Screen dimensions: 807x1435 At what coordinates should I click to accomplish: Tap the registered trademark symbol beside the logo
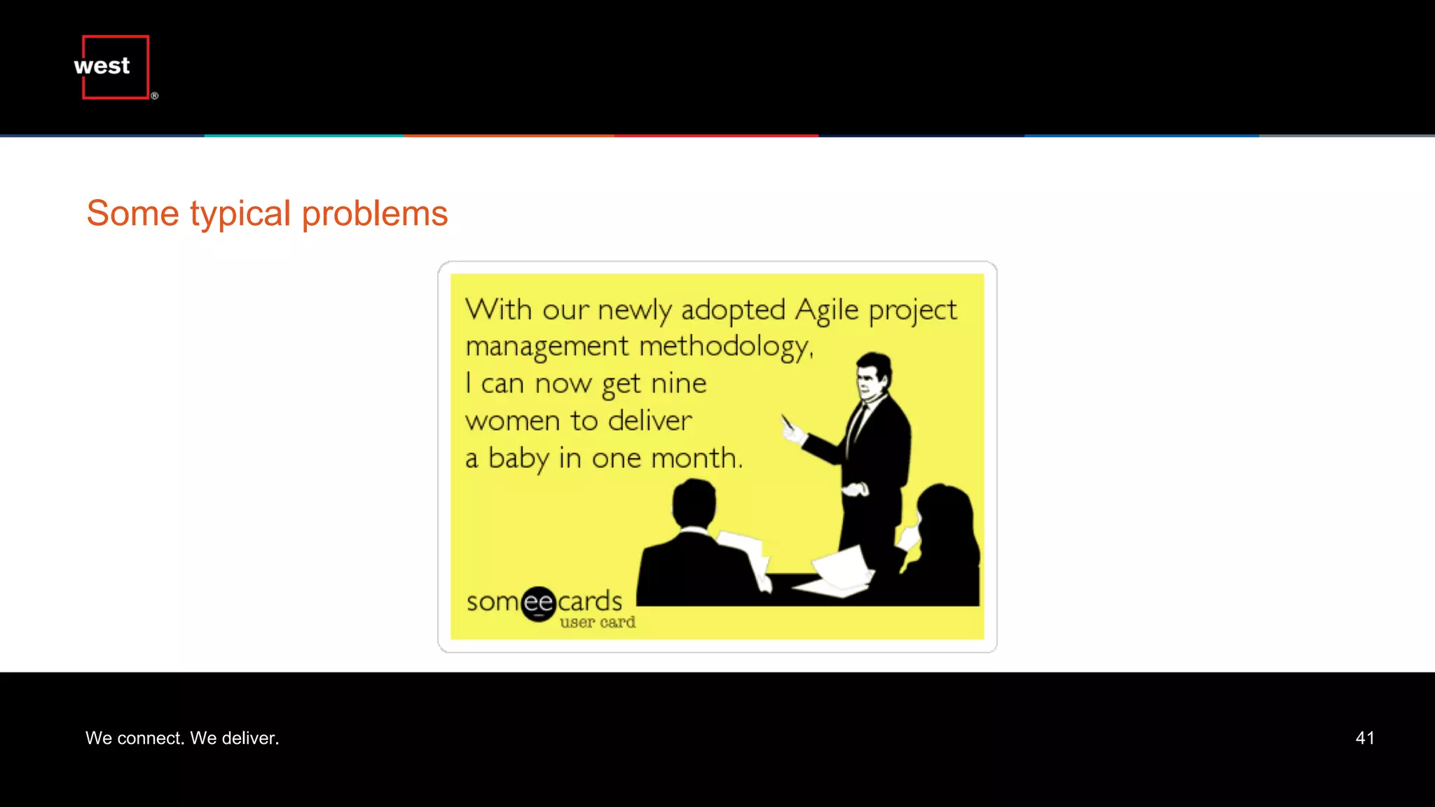point(155,96)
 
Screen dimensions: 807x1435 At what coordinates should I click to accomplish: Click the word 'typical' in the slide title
point(240,214)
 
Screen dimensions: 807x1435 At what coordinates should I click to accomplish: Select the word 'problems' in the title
point(374,214)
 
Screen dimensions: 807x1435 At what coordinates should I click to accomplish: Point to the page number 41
point(1364,738)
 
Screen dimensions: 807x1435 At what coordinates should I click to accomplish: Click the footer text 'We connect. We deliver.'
point(182,738)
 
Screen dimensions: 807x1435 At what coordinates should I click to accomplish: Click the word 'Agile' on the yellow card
point(827,310)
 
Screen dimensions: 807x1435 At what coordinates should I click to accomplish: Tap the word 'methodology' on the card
point(725,347)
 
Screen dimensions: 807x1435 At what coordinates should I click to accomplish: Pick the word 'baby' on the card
point(519,459)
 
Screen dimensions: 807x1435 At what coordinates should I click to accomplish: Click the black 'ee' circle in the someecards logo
point(539,603)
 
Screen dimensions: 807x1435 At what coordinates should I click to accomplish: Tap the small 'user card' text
point(597,622)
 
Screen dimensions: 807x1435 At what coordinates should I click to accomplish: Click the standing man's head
point(873,375)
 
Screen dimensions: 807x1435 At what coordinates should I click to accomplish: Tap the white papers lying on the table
point(841,571)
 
